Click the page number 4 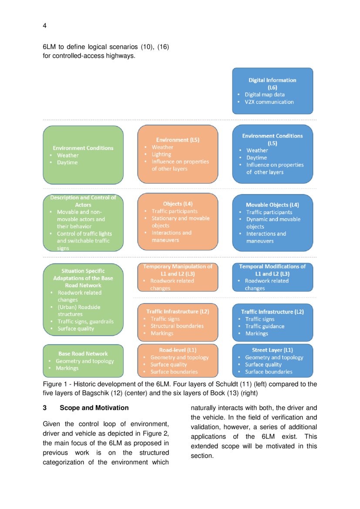pyautogui.click(x=44, y=26)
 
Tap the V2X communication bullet pyautogui.click(x=269, y=102)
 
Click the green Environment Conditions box pyautogui.click(x=83, y=155)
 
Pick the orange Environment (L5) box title pyautogui.click(x=178, y=140)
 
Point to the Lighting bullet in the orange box pyautogui.click(x=161, y=154)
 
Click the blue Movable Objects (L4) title pyautogui.click(x=273, y=205)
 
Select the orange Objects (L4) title pyautogui.click(x=178, y=204)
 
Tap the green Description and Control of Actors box pyautogui.click(x=83, y=222)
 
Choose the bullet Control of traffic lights pyautogui.click(x=84, y=234)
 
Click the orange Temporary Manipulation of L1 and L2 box pyautogui.click(x=178, y=277)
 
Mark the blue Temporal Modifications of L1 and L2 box pyautogui.click(x=273, y=277)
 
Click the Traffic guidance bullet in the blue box pyautogui.click(x=265, y=326)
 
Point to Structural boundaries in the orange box pyautogui.click(x=177, y=326)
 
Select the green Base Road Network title pyautogui.click(x=83, y=354)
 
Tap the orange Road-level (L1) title pyautogui.click(x=178, y=350)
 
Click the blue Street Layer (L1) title pyautogui.click(x=273, y=350)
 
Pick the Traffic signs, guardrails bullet pyautogui.click(x=85, y=321)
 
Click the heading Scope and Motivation pyautogui.click(x=94, y=408)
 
